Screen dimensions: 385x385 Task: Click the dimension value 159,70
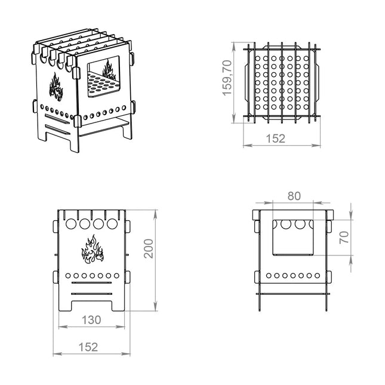[x=227, y=78]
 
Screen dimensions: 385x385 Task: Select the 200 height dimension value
[x=149, y=248]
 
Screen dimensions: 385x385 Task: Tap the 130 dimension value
[x=91, y=320]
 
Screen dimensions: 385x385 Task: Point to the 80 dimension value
[x=294, y=196]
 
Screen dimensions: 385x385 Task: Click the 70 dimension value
[x=344, y=237]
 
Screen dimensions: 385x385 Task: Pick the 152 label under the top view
[x=276, y=138]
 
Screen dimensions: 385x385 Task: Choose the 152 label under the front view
[x=88, y=347]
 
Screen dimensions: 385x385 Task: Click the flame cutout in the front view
[x=93, y=250]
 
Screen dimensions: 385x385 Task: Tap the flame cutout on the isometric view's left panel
[x=56, y=87]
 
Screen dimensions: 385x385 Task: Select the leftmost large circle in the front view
[x=71, y=224]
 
